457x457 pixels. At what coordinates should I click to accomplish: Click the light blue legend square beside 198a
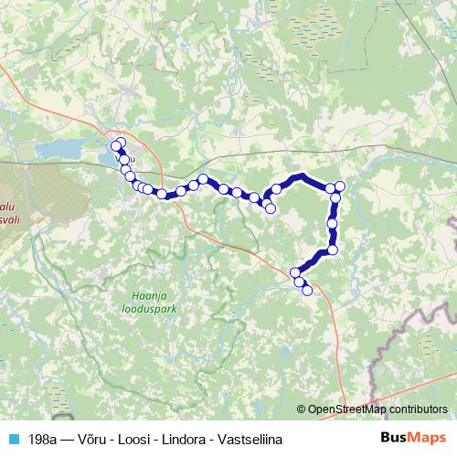click(x=13, y=439)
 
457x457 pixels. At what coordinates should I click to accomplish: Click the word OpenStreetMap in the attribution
click(x=347, y=409)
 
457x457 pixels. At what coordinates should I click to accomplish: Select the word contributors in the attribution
click(x=418, y=409)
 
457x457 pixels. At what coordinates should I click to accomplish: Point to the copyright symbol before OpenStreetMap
click(x=302, y=409)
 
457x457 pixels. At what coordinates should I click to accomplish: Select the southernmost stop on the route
click(x=307, y=291)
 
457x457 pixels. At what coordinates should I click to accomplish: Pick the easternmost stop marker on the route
click(x=340, y=186)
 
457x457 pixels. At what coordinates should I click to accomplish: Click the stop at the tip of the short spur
click(x=271, y=208)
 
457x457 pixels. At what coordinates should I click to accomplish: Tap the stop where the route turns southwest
click(x=333, y=250)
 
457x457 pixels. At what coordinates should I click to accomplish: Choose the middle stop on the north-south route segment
click(x=332, y=222)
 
